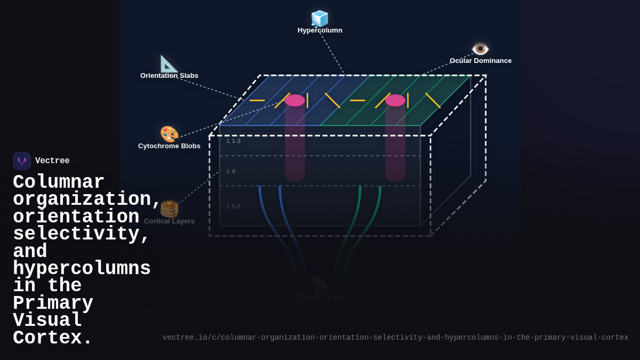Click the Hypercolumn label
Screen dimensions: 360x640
[x=320, y=30]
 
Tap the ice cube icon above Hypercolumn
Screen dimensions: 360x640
[x=320, y=18]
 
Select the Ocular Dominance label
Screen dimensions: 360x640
[x=481, y=61]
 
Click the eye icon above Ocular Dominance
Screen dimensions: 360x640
[x=481, y=49]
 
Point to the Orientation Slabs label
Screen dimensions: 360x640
[x=169, y=76]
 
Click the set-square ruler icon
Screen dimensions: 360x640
[x=169, y=63]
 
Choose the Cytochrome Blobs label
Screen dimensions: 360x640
[x=169, y=146]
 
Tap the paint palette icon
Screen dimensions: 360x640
[x=169, y=134]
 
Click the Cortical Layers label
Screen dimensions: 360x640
[x=169, y=221]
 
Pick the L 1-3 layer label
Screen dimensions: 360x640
[x=234, y=141]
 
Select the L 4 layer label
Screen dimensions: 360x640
[x=231, y=171]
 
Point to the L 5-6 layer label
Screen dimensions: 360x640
[x=234, y=206]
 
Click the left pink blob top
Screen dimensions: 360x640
[x=295, y=100]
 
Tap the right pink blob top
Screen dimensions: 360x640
[x=395, y=100]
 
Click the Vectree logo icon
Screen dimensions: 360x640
[x=22, y=161]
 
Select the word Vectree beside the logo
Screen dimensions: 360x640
[x=52, y=161]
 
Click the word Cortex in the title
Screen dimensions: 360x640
[x=52, y=338]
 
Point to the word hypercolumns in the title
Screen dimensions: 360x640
[x=82, y=269]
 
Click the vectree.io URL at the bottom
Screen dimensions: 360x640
[x=395, y=338]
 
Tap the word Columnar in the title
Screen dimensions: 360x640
[x=59, y=182]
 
